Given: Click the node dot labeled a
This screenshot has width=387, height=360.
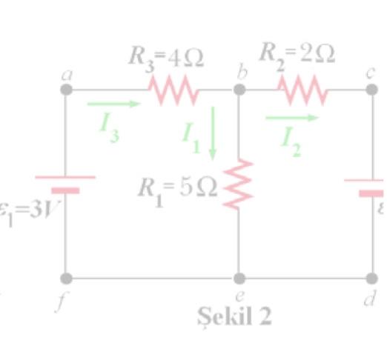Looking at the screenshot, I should [65, 90].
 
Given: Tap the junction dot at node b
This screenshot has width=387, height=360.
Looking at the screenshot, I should [239, 90].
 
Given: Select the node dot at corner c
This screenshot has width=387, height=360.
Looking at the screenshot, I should [372, 90].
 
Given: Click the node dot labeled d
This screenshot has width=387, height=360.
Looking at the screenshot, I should [372, 279].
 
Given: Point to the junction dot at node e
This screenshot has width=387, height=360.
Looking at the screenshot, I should [239, 279].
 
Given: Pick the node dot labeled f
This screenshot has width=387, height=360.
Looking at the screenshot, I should [65, 279].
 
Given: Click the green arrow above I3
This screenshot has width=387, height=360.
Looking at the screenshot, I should [113, 104].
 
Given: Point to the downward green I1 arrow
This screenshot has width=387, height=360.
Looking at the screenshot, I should [213, 133].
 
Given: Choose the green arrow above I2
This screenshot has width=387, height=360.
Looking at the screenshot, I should [291, 117].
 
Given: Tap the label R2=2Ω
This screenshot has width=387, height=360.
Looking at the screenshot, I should [297, 53].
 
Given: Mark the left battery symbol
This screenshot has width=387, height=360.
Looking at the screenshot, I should [65, 184].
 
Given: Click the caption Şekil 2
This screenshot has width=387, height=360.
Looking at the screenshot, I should [234, 316].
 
